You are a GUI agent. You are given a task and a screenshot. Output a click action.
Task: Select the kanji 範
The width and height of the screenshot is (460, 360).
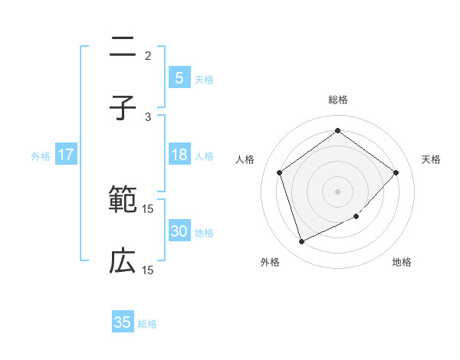pos(123,201)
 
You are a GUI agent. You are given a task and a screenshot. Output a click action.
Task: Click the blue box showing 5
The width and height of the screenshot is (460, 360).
pos(179,78)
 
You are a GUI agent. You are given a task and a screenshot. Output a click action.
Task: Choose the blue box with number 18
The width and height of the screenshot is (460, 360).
pos(179,155)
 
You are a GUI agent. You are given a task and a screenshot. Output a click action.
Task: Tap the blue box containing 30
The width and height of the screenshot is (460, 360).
pos(179,232)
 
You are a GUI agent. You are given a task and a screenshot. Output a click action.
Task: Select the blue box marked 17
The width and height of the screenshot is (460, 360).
pos(66,155)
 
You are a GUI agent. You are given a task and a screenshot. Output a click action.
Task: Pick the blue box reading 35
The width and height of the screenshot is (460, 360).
pos(123,322)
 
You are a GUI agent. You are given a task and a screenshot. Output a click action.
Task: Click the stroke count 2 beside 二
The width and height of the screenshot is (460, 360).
pos(148,56)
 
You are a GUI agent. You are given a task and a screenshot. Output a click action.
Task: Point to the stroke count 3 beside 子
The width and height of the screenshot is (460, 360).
pos(148,117)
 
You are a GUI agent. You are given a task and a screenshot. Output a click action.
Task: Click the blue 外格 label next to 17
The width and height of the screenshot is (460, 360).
pos(41,156)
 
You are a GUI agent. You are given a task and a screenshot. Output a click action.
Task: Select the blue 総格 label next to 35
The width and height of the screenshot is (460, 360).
pos(147,324)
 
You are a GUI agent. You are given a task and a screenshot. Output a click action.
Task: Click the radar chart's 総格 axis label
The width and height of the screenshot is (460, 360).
pos(337,100)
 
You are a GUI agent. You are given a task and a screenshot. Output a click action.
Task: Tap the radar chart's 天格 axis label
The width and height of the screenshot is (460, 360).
pos(432,159)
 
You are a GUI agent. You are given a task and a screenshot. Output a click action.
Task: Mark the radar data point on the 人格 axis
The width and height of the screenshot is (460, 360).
pos(280,172)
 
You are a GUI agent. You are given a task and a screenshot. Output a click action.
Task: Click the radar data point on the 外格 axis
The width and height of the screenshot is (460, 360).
pos(301,242)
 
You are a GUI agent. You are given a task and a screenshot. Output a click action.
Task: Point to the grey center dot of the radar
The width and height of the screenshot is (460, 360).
pos(337,191)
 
